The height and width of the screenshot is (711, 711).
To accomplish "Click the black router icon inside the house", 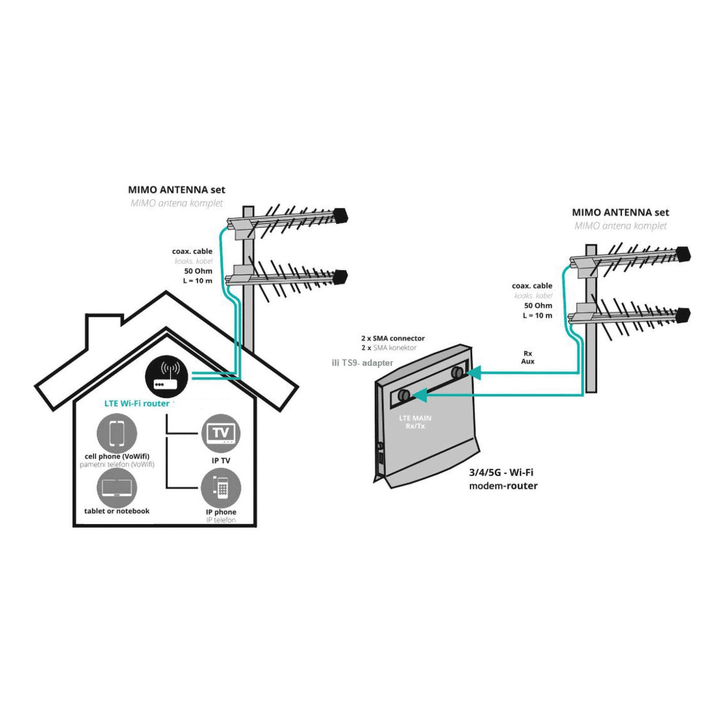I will click(167, 376).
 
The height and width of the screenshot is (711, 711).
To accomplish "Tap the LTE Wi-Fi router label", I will click(137, 404).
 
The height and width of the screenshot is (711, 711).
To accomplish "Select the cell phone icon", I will click(117, 433).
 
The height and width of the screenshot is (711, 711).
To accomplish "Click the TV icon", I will click(221, 433).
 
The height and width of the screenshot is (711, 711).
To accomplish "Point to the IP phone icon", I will click(221, 487).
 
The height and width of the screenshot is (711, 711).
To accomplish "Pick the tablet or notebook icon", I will click(117, 488).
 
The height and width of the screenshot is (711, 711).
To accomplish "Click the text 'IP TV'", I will click(221, 461).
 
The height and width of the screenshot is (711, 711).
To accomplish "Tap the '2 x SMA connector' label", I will click(393, 338).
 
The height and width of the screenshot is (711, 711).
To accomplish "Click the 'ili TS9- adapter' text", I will click(362, 363).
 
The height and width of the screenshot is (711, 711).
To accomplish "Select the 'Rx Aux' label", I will click(528, 358).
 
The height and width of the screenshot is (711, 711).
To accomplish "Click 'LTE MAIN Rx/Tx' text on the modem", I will click(415, 422).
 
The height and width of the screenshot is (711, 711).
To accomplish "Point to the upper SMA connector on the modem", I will click(457, 372).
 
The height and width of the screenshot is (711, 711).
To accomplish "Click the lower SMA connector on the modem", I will click(404, 395).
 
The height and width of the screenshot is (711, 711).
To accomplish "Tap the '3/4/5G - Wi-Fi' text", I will click(501, 472).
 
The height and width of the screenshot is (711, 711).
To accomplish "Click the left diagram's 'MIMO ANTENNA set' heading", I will click(176, 190).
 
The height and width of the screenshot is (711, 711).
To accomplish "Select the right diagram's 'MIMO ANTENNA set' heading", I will click(620, 212).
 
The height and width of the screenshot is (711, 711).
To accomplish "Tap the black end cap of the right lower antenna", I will click(683, 315).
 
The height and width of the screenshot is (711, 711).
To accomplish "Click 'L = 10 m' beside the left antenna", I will click(198, 281).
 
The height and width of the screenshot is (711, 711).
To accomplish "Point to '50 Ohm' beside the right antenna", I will click(538, 306).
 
